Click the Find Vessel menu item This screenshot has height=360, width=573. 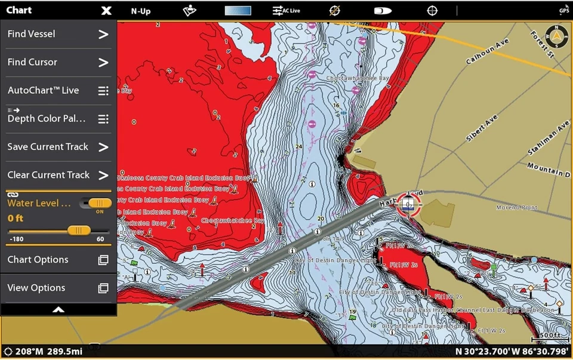pyautogui.click(x=57, y=35)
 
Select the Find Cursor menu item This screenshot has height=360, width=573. pyautogui.click(x=57, y=62)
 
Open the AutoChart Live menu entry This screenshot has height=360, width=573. pyautogui.click(x=57, y=91)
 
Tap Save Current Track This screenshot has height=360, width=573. pyautogui.click(x=57, y=147)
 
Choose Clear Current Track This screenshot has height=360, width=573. pyautogui.click(x=57, y=175)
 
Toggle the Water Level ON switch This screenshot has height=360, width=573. pyautogui.click(x=95, y=204)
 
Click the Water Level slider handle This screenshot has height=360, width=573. pyautogui.click(x=79, y=230)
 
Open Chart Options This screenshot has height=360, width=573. pyautogui.click(x=57, y=260)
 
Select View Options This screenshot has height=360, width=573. pyautogui.click(x=57, y=288)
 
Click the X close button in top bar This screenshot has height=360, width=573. pyautogui.click(x=106, y=11)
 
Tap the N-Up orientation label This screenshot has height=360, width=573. pyautogui.click(x=141, y=11)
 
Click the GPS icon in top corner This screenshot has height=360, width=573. pyautogui.click(x=563, y=10)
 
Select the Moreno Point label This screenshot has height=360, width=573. pyautogui.click(x=516, y=208)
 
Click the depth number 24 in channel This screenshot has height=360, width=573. pyautogui.click(x=298, y=146)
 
